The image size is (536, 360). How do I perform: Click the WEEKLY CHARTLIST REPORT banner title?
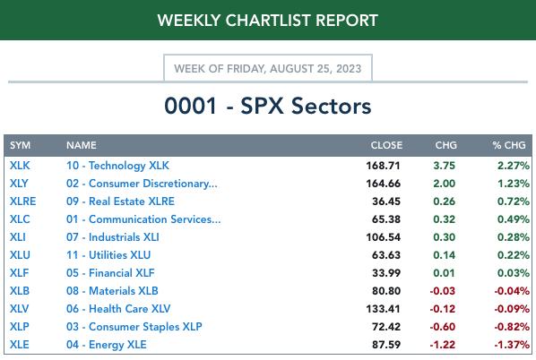point(268,21)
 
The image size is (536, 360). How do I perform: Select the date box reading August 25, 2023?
point(268,68)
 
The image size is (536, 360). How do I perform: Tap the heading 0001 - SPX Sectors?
point(268,106)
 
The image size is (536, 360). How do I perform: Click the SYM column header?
point(21,145)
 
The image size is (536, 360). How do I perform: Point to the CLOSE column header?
point(386,145)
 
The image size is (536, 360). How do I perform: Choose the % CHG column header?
point(509,145)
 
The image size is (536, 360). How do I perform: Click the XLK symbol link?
point(20,166)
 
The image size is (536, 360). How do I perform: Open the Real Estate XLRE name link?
point(120,201)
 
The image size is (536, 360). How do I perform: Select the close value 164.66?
point(383,184)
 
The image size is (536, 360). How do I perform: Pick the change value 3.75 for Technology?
point(444,166)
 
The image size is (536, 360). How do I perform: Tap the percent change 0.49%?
point(514,219)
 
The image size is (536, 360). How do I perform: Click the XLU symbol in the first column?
point(20,255)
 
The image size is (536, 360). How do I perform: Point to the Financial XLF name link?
point(110,273)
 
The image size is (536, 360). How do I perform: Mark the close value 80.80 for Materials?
point(386,291)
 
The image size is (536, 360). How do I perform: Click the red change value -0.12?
point(443,309)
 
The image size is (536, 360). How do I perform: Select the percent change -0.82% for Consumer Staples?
point(512,327)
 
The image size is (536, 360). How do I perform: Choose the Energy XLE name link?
point(107,344)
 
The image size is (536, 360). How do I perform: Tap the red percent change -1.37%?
point(512,344)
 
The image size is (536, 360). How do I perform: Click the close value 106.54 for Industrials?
point(383,237)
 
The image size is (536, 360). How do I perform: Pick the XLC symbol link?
point(20,219)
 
